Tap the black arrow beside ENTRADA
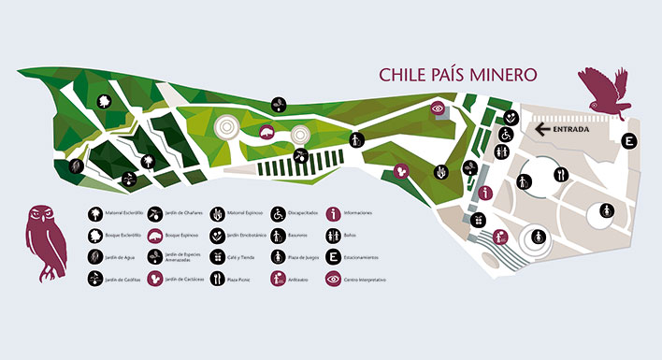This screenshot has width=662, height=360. pos(541,130)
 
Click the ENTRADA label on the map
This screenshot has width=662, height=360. pos(571,130)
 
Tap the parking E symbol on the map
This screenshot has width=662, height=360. pos(630,141)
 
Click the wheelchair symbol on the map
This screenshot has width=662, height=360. pos(503,135)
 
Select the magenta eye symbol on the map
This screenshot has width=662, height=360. pos(438,108)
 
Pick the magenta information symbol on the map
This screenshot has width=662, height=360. pos(485,193)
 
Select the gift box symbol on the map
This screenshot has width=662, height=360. pos(480,221)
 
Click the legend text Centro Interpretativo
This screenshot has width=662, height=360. pos(367,280)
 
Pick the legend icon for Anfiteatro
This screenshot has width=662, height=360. pos(278,279)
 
